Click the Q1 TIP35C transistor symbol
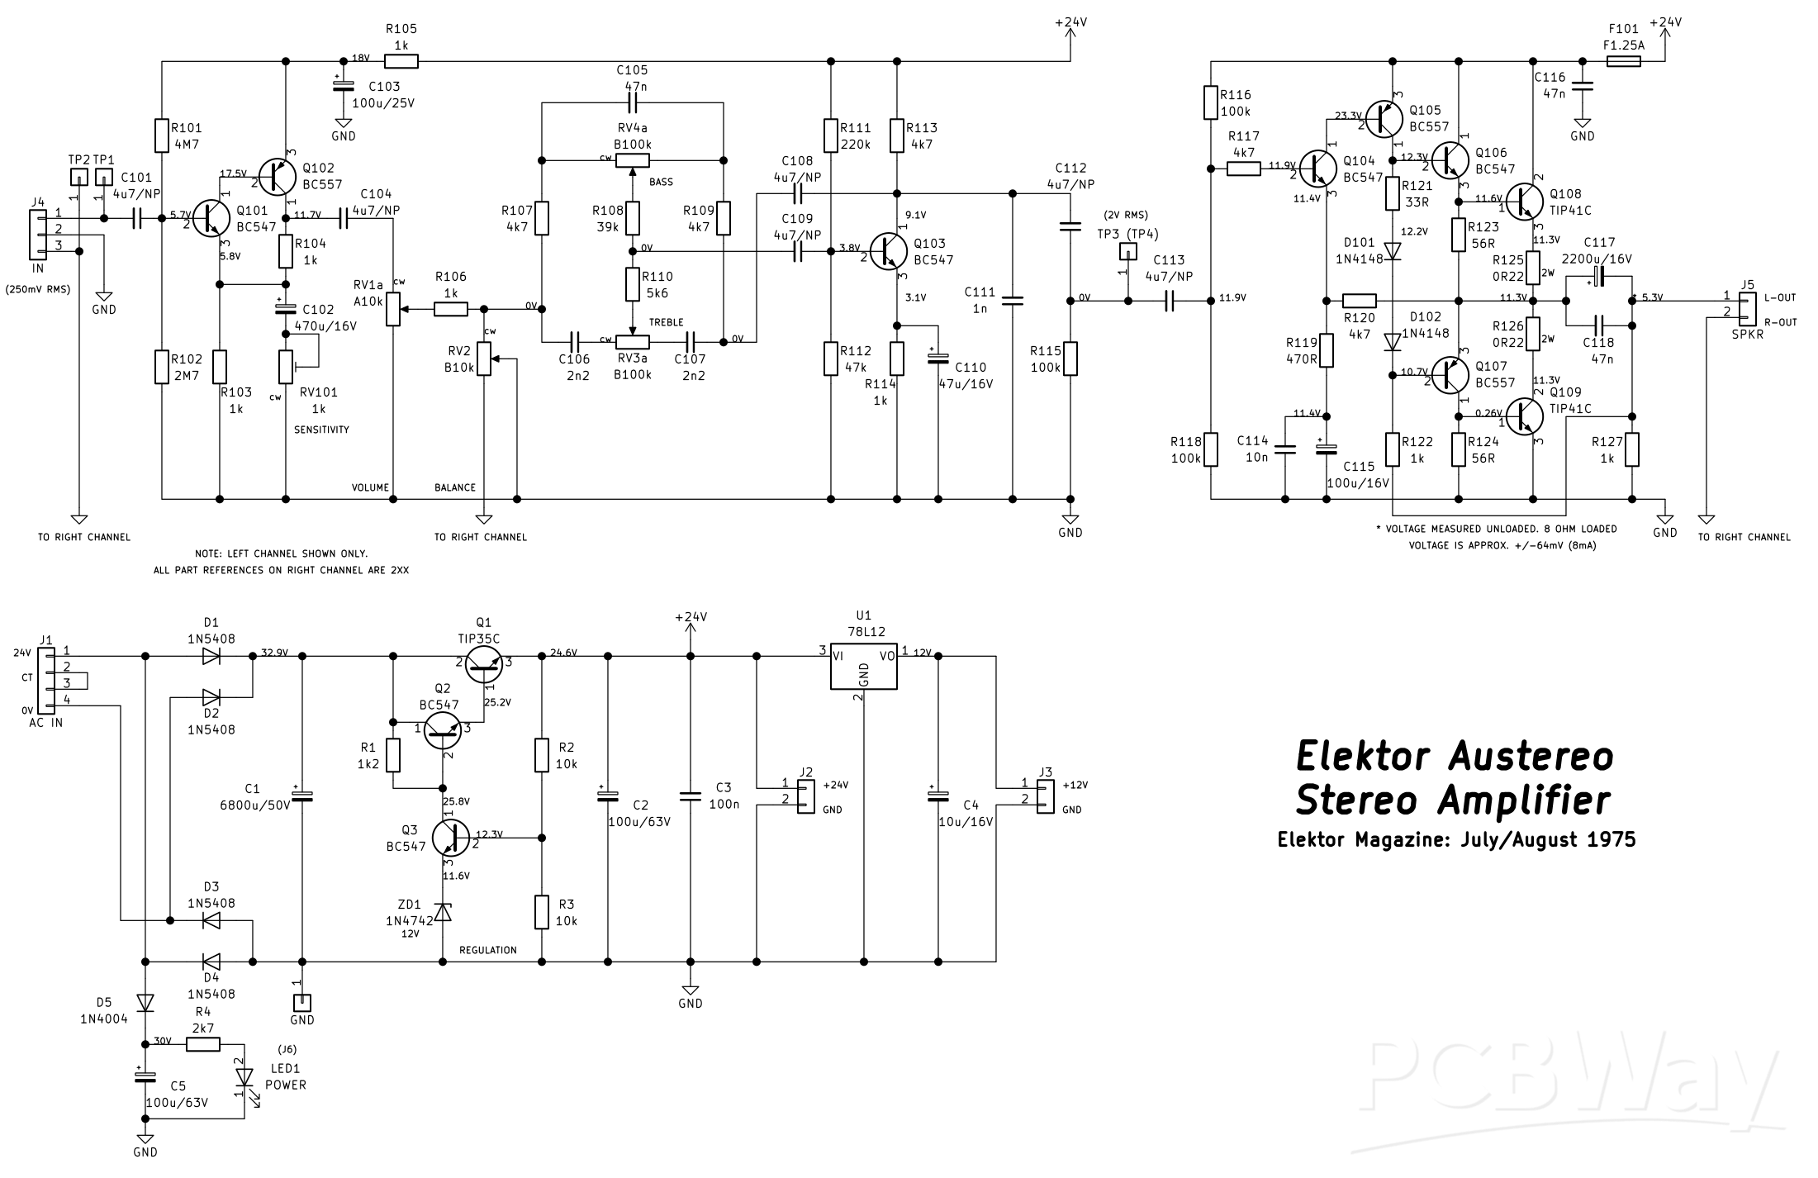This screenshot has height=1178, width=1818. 483,663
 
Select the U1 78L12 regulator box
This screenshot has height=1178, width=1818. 863,669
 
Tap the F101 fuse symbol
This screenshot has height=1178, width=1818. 1623,61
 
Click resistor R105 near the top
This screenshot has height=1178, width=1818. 401,61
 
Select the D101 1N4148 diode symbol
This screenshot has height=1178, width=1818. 1393,249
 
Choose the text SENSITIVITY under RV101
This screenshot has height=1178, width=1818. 321,430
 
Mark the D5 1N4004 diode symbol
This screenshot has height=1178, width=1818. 145,1002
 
